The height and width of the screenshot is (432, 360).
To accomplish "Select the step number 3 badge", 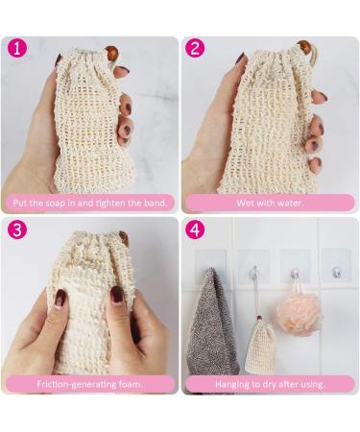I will [17, 229].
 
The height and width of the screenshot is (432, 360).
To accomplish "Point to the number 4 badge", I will [196, 229].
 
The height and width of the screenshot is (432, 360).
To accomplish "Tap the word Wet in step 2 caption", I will [247, 203].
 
